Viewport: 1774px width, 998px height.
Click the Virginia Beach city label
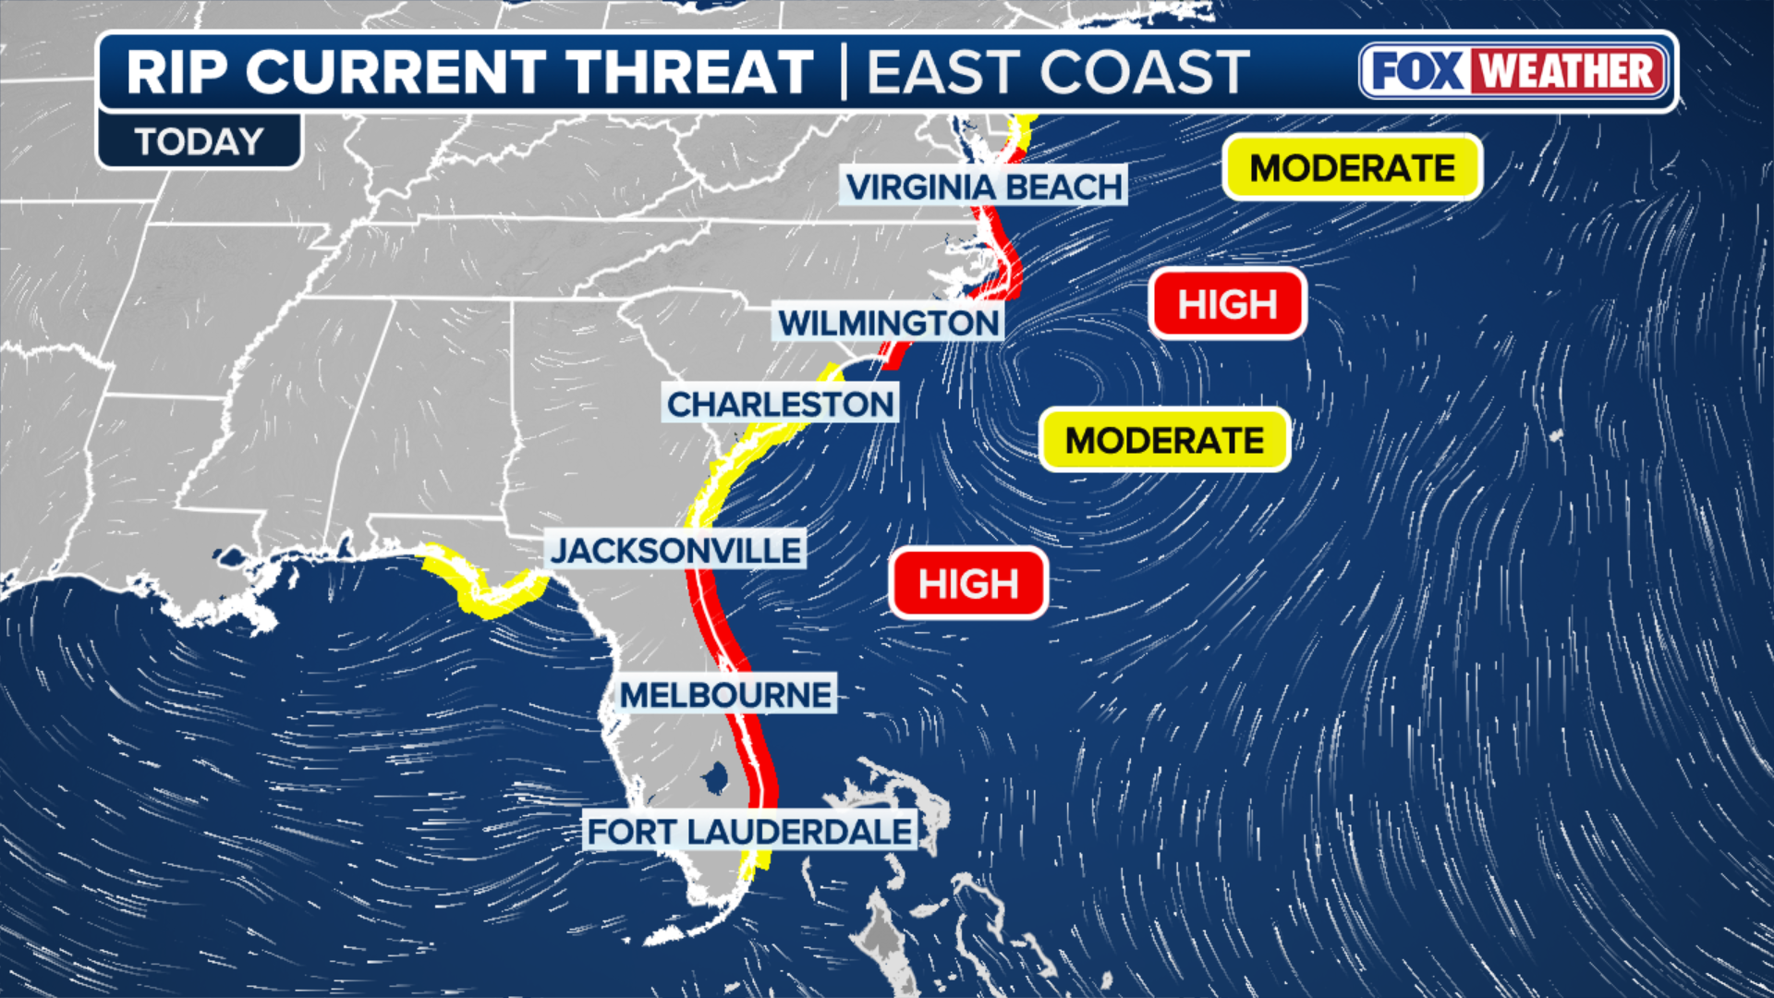pyautogui.click(x=983, y=187)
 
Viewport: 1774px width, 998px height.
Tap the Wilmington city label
pyautogui.click(x=888, y=323)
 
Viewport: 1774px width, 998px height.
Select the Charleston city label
pyautogui.click(x=780, y=404)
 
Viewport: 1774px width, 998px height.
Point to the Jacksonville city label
pyautogui.click(x=675, y=551)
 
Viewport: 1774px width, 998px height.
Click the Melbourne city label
pyautogui.click(x=725, y=695)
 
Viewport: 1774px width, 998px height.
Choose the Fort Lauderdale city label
pyautogui.click(x=749, y=832)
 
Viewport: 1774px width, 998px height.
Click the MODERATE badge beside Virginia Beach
pyautogui.click(x=1352, y=168)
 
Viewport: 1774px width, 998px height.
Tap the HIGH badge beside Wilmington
pyautogui.click(x=1227, y=304)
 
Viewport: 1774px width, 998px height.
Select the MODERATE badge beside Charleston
pyautogui.click(x=1164, y=440)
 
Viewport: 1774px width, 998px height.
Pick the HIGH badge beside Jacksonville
pyautogui.click(x=968, y=584)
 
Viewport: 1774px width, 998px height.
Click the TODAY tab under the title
pyautogui.click(x=199, y=142)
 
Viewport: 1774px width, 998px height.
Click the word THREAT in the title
pyautogui.click(x=689, y=72)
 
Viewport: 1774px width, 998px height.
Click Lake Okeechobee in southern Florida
pyautogui.click(x=715, y=778)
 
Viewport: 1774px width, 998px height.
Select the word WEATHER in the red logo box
pyautogui.click(x=1567, y=71)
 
